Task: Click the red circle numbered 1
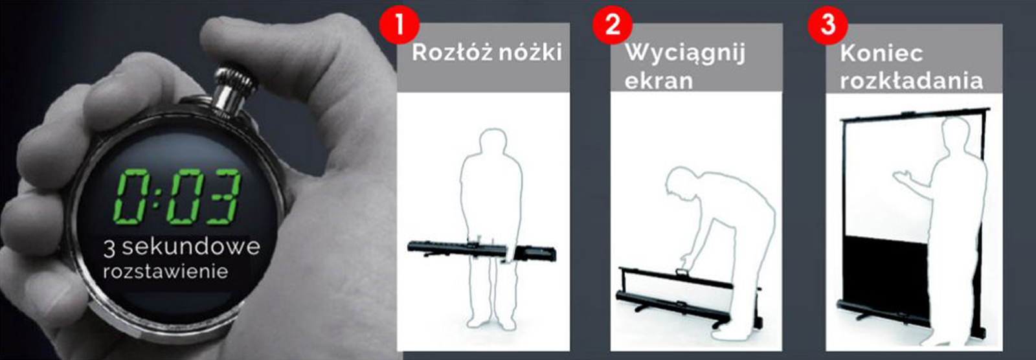[399, 25]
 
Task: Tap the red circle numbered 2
[613, 25]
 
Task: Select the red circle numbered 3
[828, 25]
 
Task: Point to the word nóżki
[532, 52]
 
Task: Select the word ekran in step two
[659, 80]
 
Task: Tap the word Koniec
[881, 52]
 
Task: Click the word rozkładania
[911, 80]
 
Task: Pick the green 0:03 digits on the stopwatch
[177, 197]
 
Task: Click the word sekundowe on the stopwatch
[190, 247]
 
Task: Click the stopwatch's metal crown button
[234, 89]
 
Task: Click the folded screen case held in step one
[482, 251]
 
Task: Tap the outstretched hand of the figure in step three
[903, 178]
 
